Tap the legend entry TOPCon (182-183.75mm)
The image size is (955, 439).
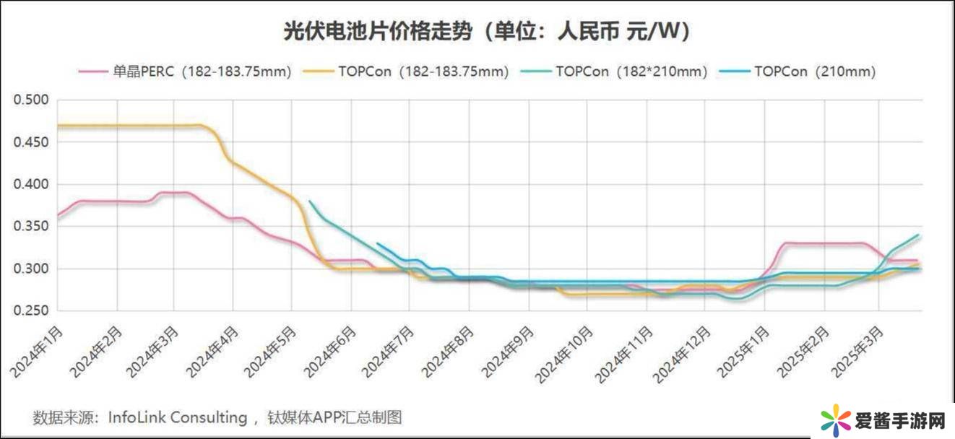tap(423, 71)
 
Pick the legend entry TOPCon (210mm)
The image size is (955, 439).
tap(814, 71)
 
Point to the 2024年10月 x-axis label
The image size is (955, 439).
tap(566, 354)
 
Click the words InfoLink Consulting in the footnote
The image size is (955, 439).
tap(178, 417)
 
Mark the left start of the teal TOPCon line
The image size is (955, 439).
tap(309, 201)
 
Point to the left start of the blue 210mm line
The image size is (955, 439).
tap(377, 243)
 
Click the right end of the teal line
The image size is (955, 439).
tap(918, 235)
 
